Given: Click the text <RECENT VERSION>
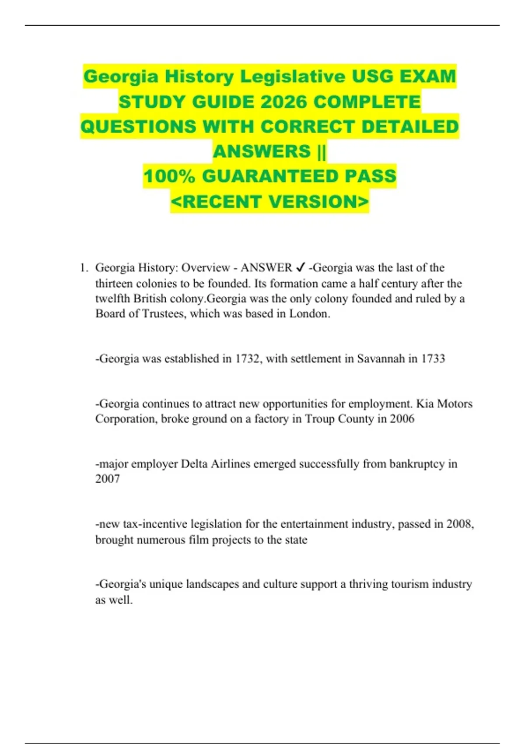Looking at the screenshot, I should pos(269,201).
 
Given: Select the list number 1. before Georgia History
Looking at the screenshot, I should pos(84,268).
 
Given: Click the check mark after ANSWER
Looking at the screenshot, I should pos(301,267).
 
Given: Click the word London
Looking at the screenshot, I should pos(309,314).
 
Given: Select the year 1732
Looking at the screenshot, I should pos(248,359).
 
